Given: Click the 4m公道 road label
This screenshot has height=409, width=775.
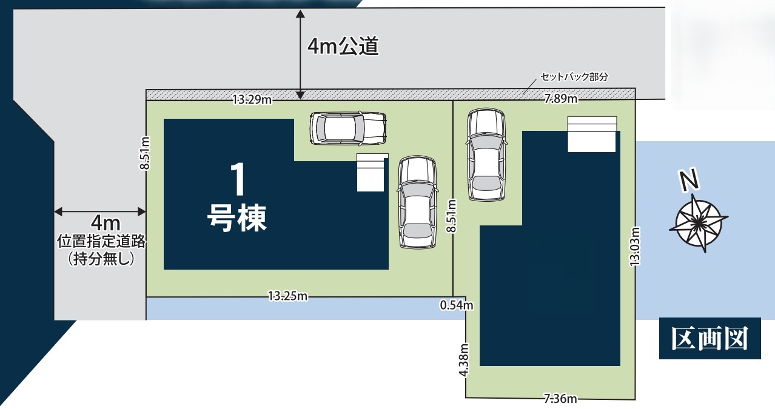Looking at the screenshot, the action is (x=343, y=46).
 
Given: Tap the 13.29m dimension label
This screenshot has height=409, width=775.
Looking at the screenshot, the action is (x=252, y=100).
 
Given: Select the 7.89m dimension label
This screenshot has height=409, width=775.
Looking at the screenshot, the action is (x=561, y=99).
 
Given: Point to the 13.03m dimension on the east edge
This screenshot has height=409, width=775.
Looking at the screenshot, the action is (x=635, y=247).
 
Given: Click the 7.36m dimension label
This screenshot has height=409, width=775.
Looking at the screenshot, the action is (x=560, y=399).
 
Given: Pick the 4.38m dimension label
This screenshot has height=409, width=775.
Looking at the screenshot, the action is (x=464, y=360).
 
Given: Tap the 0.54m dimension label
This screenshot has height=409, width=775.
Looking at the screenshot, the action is (x=457, y=305).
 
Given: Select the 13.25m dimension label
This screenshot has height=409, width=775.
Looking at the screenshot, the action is (x=288, y=296).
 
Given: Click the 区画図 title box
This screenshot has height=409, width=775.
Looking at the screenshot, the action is (x=710, y=338).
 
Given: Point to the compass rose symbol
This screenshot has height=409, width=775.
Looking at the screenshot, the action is (x=699, y=223).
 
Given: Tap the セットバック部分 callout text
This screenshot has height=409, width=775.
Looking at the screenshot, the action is (x=574, y=77).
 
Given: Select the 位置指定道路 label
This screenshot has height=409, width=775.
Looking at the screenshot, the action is (x=101, y=241).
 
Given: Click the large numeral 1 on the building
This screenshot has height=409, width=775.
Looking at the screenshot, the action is (x=238, y=179).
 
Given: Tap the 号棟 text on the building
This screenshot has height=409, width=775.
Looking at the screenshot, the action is (x=237, y=218).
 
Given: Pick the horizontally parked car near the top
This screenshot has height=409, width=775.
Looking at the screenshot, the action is (x=348, y=128).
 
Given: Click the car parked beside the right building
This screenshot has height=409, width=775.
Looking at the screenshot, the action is (x=486, y=155).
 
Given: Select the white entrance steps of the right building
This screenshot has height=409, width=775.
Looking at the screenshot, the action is (x=592, y=134).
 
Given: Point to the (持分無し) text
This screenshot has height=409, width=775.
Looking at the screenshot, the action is (x=101, y=258).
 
